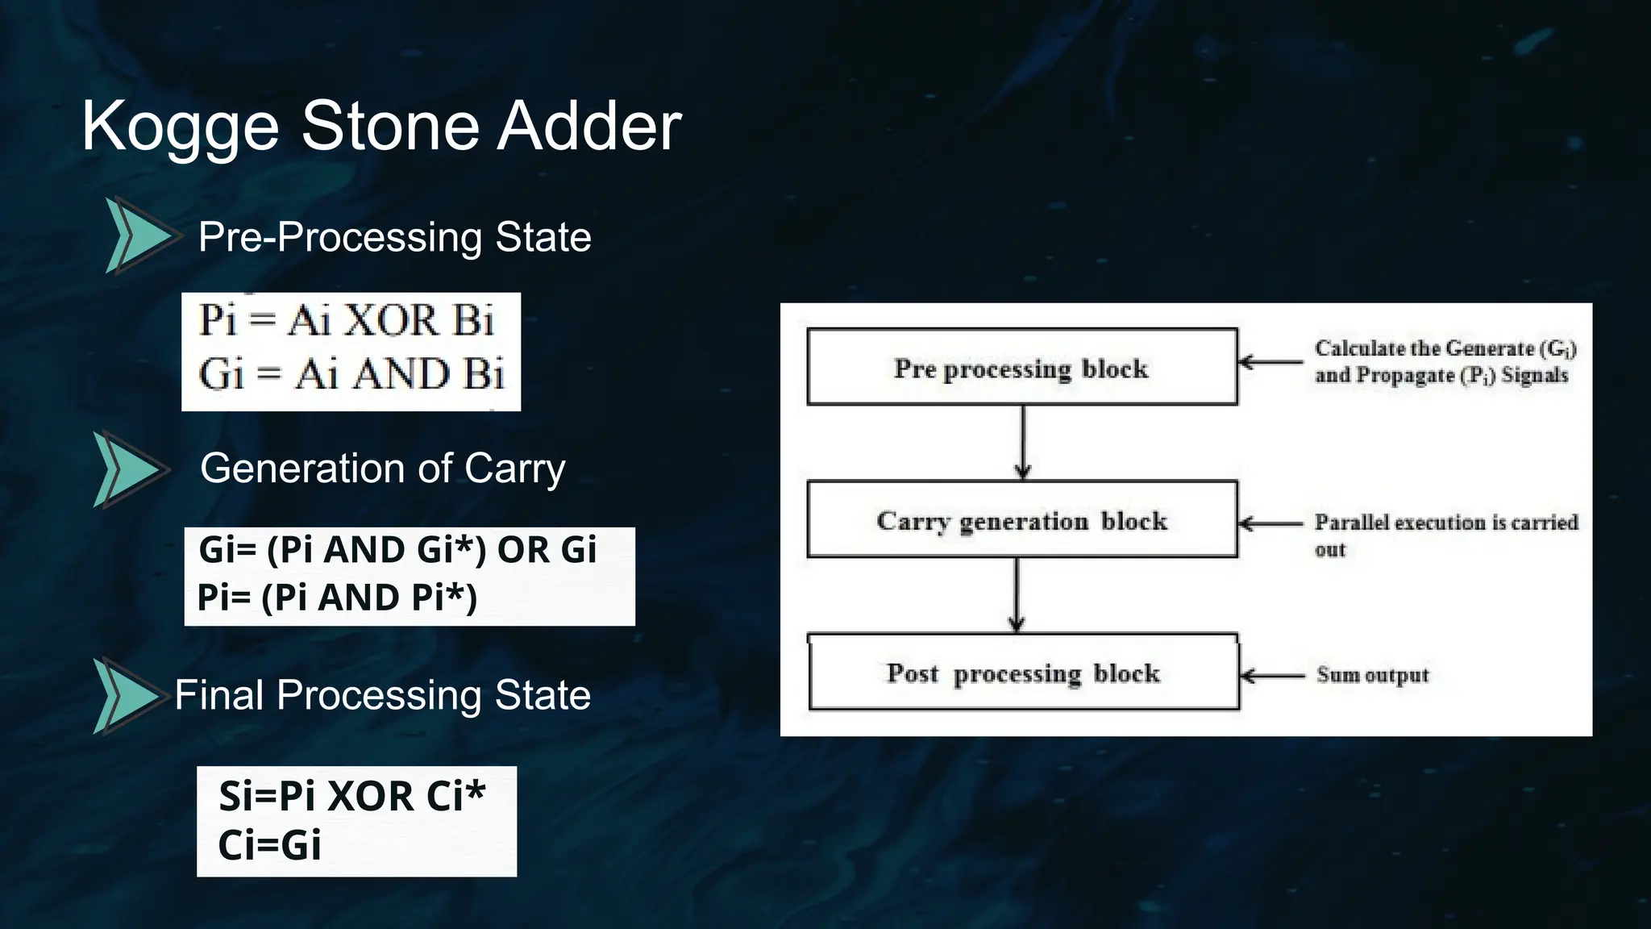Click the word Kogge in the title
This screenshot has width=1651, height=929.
[x=181, y=127]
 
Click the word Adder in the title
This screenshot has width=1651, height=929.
[x=588, y=127]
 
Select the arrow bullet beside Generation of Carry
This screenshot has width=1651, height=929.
[x=129, y=469]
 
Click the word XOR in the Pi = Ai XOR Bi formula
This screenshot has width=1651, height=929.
[x=392, y=320]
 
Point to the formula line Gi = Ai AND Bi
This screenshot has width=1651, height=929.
[x=351, y=374]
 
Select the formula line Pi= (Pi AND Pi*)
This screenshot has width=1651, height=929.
[x=337, y=598]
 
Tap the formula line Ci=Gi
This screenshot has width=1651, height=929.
[x=269, y=845]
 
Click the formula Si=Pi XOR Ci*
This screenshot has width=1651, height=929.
[x=351, y=797]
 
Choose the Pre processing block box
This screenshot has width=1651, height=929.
[x=1021, y=367]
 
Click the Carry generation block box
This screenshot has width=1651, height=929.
[x=1021, y=519]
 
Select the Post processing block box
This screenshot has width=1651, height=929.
[x=1023, y=672]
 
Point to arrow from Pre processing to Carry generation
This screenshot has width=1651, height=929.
[x=1023, y=442]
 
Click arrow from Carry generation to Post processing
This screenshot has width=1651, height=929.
[x=1017, y=594]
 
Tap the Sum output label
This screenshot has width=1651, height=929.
[x=1372, y=674]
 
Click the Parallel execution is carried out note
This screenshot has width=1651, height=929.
[x=1445, y=534]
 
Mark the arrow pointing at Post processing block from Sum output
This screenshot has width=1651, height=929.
[x=1272, y=675]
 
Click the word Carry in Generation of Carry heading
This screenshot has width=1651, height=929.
[x=514, y=469]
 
